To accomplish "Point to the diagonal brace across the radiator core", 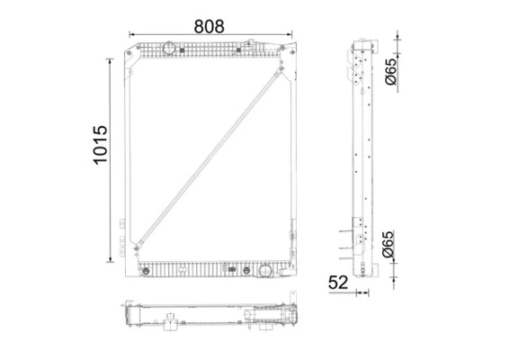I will tap(212, 154).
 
